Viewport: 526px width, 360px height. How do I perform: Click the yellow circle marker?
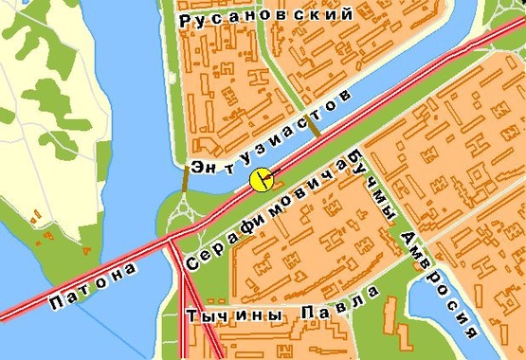pos(262,179)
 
